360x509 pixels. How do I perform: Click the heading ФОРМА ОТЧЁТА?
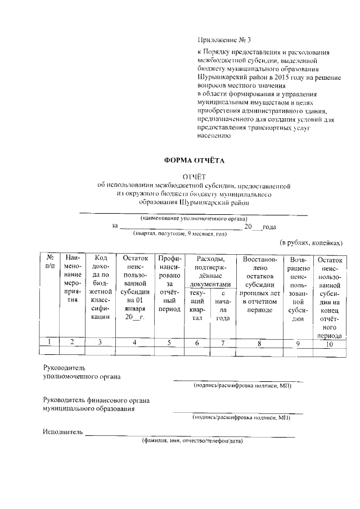pos(193,160)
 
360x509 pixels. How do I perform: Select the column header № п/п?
pos(50,262)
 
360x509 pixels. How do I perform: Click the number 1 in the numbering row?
pos(50,342)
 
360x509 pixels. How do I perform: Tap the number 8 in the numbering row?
pos(259,342)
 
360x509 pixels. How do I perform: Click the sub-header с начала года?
pos(224,305)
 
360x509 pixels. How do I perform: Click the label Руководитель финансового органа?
pos(96,400)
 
